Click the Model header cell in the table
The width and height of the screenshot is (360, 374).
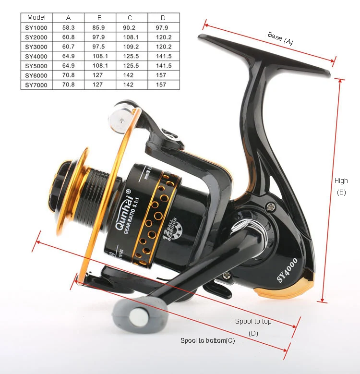(x=36, y=18)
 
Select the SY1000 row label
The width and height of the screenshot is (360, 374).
(x=36, y=27)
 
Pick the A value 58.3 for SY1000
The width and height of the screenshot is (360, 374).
(x=68, y=27)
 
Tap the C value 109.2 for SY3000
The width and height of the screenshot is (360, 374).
(x=131, y=47)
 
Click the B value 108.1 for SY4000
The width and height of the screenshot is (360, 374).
(x=99, y=56)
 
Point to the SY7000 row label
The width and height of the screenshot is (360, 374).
(x=36, y=84)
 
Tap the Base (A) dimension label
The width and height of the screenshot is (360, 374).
(x=280, y=38)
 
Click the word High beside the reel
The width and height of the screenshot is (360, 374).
(x=341, y=181)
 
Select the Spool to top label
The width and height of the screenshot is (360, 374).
(x=253, y=321)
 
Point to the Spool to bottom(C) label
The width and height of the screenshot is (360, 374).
(x=208, y=340)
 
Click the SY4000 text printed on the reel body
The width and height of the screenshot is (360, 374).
(x=288, y=270)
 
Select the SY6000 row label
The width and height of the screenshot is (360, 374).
(x=36, y=75)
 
